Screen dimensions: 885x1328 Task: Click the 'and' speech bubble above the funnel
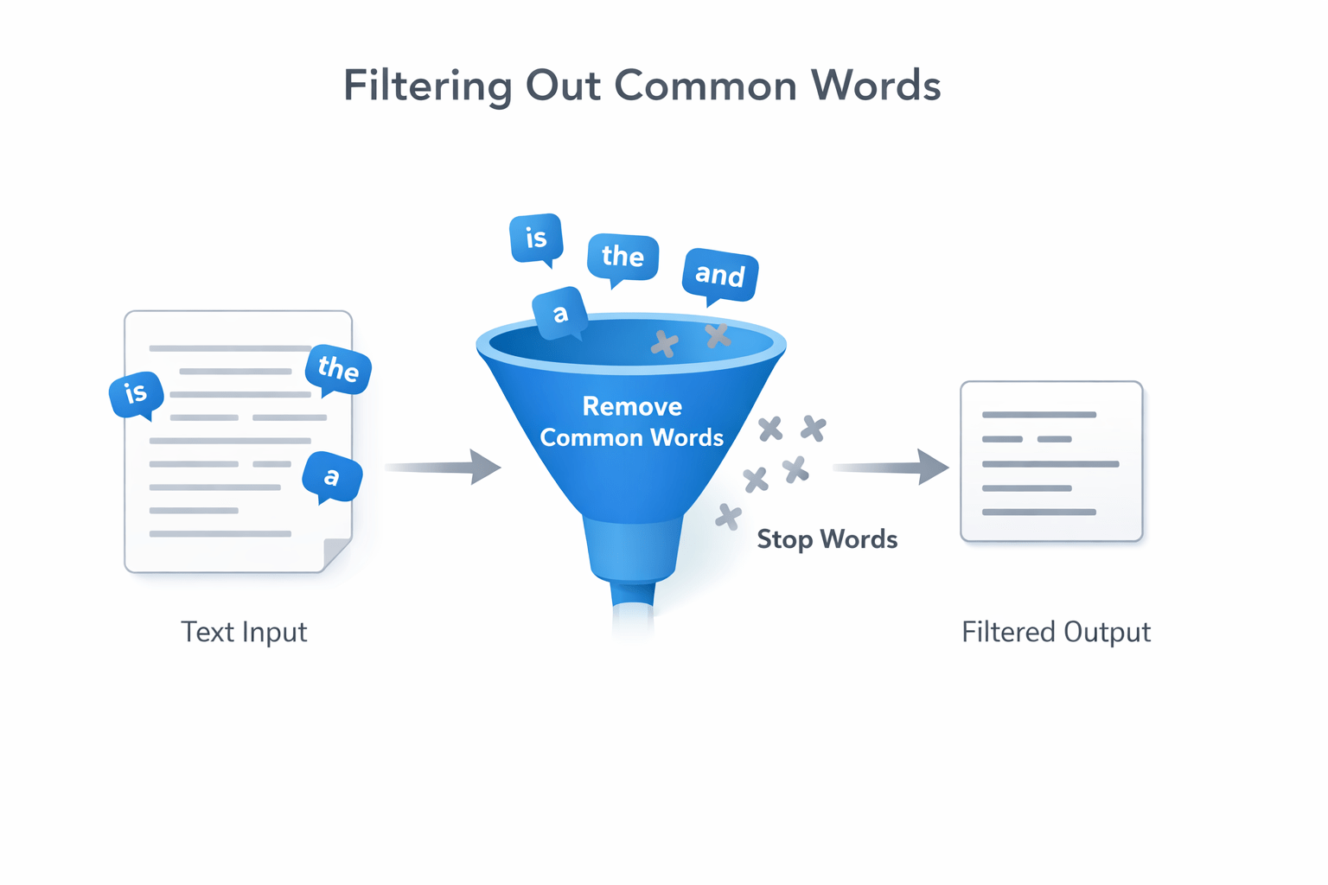pyautogui.click(x=720, y=275)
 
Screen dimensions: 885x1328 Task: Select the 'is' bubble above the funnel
pyautogui.click(x=536, y=238)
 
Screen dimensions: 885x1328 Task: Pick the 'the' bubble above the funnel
pyautogui.click(x=622, y=257)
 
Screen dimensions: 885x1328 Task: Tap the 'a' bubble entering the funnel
pyautogui.click(x=560, y=313)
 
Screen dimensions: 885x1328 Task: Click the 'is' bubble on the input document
pyautogui.click(x=136, y=394)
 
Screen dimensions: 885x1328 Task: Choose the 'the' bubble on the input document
pyautogui.click(x=338, y=369)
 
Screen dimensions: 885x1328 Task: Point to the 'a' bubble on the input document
pyautogui.click(x=331, y=476)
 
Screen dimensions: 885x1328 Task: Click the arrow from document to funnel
pyautogui.click(x=443, y=467)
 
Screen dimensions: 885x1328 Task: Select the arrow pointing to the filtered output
pyautogui.click(x=891, y=467)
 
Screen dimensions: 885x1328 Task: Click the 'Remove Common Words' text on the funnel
pyautogui.click(x=632, y=422)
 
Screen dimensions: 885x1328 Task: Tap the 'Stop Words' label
pyautogui.click(x=827, y=539)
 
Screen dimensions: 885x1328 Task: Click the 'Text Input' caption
pyautogui.click(x=244, y=632)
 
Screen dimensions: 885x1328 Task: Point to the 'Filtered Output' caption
pyautogui.click(x=1056, y=632)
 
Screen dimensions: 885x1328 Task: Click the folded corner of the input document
pyautogui.click(x=337, y=554)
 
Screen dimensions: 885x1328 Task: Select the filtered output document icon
pyautogui.click(x=1051, y=462)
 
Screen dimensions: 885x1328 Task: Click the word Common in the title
pyautogui.click(x=705, y=86)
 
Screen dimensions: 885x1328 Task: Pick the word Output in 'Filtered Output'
pyautogui.click(x=1107, y=632)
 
